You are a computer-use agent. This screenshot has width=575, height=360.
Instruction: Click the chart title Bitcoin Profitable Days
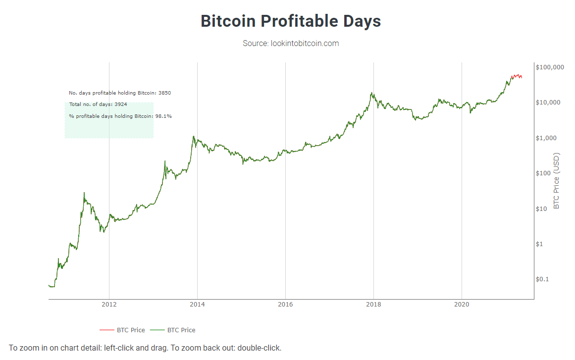point(291,21)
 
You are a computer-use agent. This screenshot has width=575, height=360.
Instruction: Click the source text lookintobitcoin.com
point(291,44)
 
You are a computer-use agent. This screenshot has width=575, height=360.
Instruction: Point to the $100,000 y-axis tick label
point(550,67)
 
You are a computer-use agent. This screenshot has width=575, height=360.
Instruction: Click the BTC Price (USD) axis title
point(557,180)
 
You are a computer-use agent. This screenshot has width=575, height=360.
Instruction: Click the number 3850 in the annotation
point(164,93)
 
